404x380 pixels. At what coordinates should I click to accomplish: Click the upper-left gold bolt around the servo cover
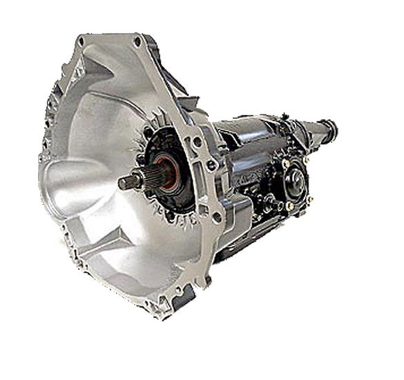click(285, 163)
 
